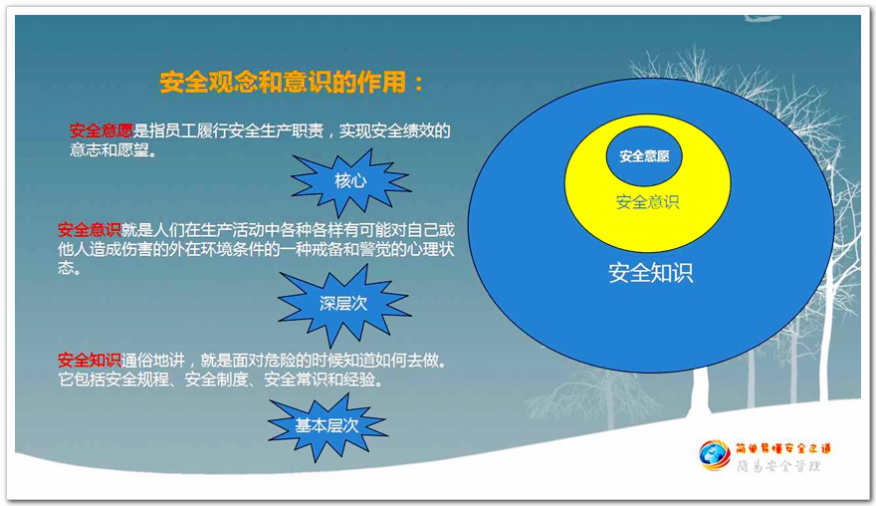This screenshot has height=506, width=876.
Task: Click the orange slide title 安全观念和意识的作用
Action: point(283,83)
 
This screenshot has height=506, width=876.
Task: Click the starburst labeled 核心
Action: point(350,181)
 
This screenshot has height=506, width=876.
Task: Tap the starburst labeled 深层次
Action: point(343,304)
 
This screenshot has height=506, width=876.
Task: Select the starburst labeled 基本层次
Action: point(327,426)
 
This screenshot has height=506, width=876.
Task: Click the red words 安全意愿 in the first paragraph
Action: point(102,130)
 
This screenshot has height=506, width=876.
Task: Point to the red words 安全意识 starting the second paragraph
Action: point(90,230)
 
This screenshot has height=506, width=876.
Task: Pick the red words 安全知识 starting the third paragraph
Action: point(90,360)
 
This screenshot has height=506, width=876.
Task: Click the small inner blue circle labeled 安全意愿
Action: point(644,156)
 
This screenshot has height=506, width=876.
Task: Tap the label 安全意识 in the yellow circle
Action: point(647,202)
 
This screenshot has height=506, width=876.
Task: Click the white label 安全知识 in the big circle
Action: point(651,273)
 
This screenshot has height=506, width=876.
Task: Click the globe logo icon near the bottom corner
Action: point(715,455)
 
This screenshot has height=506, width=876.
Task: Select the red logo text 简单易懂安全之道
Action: point(783,448)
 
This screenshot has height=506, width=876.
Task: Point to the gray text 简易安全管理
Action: point(778,466)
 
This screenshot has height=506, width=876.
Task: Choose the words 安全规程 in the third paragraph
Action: point(137,379)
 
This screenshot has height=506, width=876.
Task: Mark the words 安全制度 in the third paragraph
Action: point(216,379)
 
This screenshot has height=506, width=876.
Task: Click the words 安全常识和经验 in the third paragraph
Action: point(320,379)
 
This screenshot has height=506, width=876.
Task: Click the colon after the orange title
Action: point(419,84)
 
